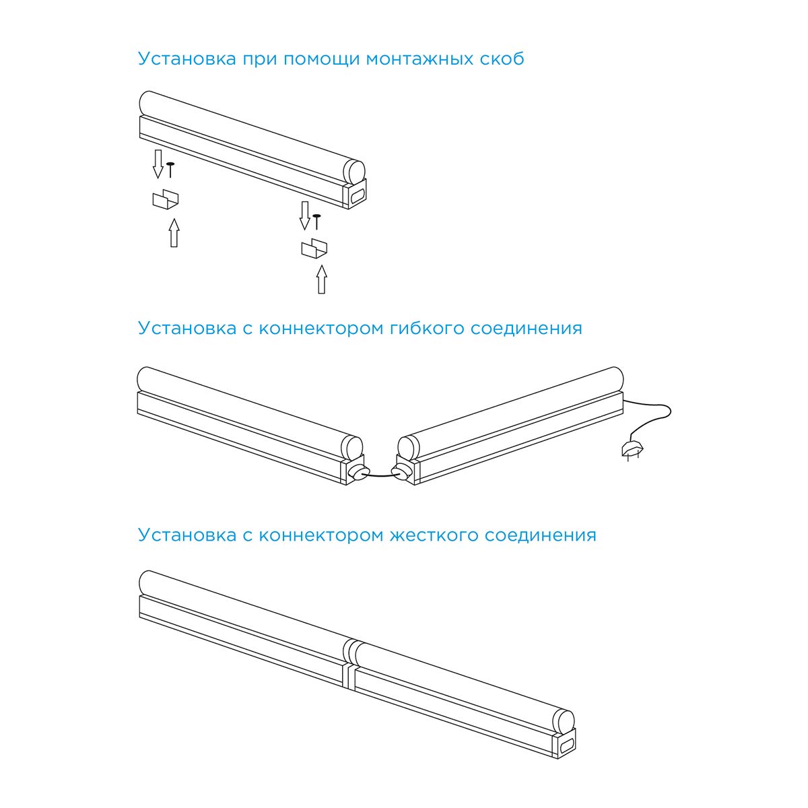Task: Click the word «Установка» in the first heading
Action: pos(187,59)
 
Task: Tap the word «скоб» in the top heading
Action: pos(502,59)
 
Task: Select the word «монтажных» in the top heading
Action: pos(419,59)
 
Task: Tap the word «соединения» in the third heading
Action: pos(541,535)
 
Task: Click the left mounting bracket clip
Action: pos(165,199)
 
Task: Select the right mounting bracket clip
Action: pos(314,248)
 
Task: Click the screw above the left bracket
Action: pos(170,170)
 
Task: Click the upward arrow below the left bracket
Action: pos(174,233)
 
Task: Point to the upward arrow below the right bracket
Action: pos(322,279)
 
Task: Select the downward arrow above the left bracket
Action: pos(158,164)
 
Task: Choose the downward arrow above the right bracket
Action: pos(305,215)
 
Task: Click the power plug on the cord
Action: pos(632,450)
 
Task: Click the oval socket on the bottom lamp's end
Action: pos(566,747)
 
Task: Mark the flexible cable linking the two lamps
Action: pos(380,475)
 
